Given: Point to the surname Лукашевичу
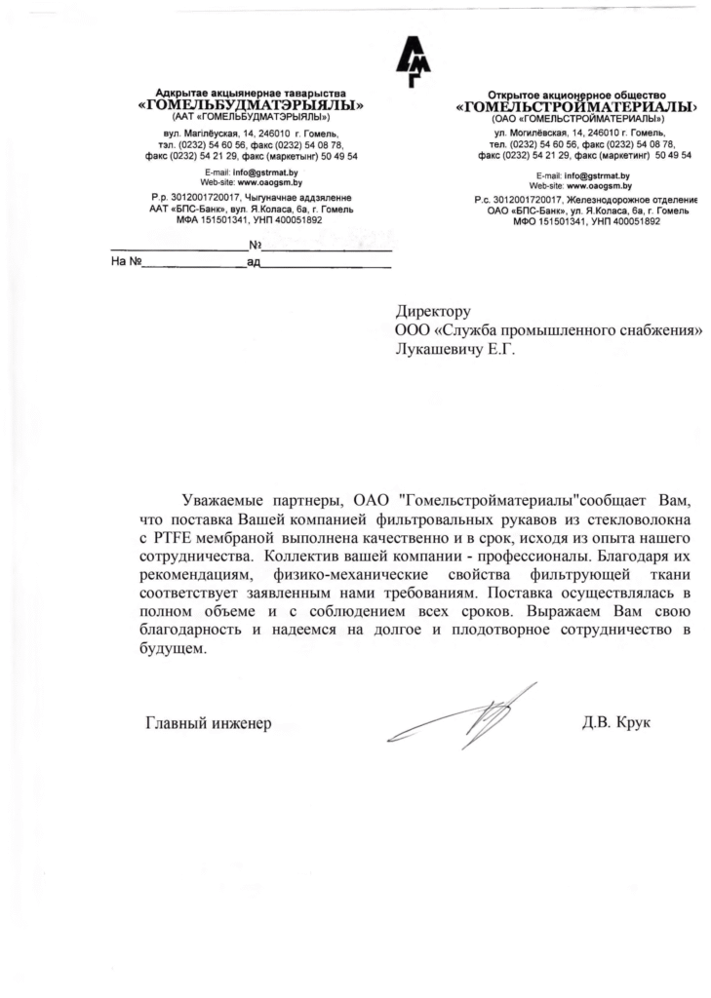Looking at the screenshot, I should [x=438, y=349].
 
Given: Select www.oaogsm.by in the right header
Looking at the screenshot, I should [x=598, y=184].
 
